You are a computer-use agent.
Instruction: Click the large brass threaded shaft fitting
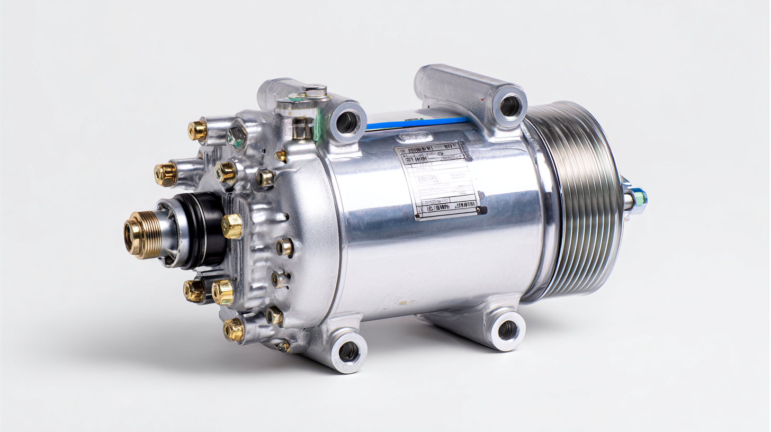[x=142, y=235]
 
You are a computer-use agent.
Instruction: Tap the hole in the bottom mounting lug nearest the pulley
[x=507, y=330]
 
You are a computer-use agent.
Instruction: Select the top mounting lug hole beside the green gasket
[x=347, y=122]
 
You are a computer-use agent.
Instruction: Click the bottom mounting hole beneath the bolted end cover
[x=348, y=351]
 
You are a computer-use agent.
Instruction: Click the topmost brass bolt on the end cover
[x=197, y=130]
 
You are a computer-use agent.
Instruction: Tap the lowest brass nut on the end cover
[x=234, y=330]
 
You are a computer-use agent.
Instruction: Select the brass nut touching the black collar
[x=232, y=227]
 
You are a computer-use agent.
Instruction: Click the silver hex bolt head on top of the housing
[x=316, y=91]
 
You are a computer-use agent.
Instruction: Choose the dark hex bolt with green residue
[x=237, y=137]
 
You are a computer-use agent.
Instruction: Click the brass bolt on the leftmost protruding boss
[x=165, y=174]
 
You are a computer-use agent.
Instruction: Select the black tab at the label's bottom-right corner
[x=482, y=210]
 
